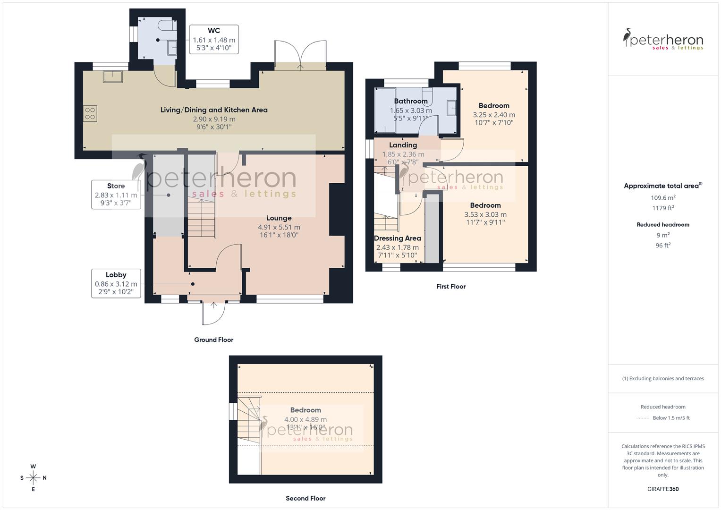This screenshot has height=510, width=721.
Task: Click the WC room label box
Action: pos(213,39)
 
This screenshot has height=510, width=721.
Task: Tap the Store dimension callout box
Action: pos(116,195)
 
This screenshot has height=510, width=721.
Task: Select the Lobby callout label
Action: pos(116,283)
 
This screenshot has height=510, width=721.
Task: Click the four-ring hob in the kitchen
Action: pos(90,113)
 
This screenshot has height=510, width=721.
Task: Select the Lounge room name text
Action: pos(279,218)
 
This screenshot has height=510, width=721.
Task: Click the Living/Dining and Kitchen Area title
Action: pos(214,110)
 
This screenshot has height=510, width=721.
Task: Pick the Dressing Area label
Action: pos(397,238)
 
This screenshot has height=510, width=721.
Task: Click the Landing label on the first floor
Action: pos(403,145)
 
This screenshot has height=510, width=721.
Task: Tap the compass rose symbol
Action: pos(33,478)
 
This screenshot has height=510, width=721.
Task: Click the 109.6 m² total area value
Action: pos(663,198)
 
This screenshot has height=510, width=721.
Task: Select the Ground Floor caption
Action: pos(213,340)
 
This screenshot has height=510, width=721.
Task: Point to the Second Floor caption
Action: pos(305,498)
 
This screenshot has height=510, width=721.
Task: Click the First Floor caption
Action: pos(450,286)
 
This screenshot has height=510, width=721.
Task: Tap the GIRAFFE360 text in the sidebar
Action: pos(663,489)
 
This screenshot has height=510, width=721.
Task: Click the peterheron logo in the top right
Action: pos(663,40)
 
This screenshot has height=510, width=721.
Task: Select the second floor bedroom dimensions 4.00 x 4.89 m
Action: pos(305,419)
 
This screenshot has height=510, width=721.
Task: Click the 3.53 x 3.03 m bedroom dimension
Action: pos(485,214)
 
